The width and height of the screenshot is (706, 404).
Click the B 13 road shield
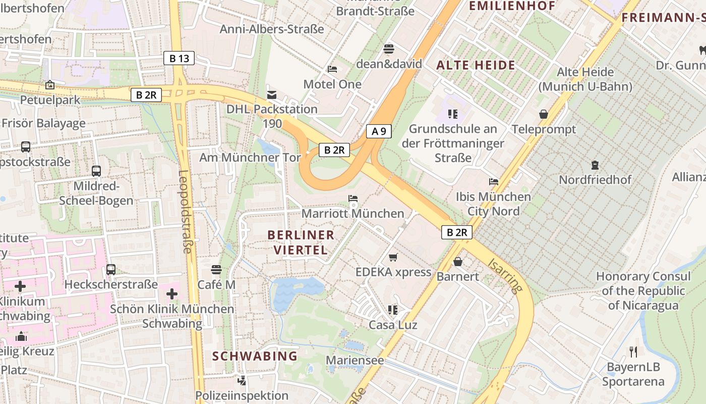coord(179,59)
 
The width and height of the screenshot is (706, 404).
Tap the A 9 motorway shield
coord(379,132)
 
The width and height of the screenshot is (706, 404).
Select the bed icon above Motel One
coord(332,69)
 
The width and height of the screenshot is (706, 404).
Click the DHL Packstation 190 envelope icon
coord(272,94)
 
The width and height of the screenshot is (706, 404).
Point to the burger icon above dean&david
coord(389,49)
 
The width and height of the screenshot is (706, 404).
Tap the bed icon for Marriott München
coord(353,198)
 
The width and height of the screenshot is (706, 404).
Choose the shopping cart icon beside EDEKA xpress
coord(393,257)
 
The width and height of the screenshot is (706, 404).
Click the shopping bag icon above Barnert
coord(458,261)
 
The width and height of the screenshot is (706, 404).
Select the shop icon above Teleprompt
coord(544,114)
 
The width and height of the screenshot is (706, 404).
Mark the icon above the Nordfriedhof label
coord(595,165)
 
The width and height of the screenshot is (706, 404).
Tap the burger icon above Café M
coord(216,270)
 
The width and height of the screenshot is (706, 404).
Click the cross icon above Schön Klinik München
coord(172,293)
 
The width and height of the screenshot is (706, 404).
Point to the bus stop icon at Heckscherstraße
coord(111,270)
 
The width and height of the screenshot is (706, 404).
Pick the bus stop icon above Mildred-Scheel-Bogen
coord(96,171)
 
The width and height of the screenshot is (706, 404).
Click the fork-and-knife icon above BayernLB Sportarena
coord(633,351)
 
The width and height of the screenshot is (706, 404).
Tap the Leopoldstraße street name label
coord(185,212)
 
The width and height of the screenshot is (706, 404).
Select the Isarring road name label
coord(505,276)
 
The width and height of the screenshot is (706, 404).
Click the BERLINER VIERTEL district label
coord(301,242)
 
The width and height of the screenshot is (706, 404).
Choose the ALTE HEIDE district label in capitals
coord(476,65)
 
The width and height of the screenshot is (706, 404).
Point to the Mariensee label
coord(355,361)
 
